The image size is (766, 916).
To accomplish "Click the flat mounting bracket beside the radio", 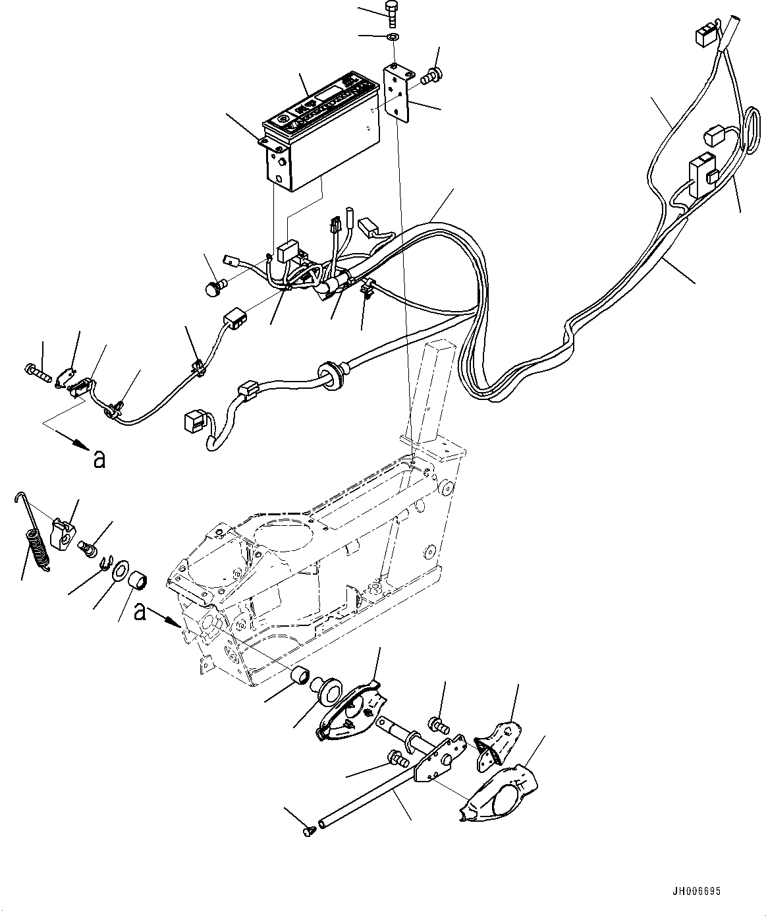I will [400, 92].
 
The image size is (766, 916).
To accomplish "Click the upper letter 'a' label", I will [99, 458].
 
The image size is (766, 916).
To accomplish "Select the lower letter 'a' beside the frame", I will [139, 612].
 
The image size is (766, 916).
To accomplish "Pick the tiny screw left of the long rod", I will [308, 832].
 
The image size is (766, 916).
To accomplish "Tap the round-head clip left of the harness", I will [213, 287].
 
